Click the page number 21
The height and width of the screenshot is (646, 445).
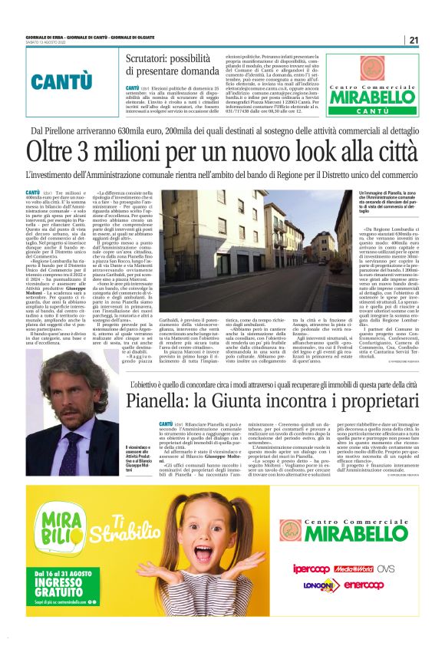414,41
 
